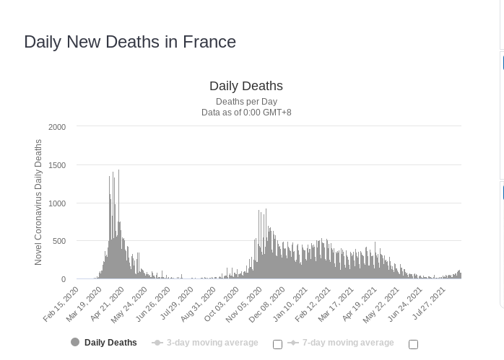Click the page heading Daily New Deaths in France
[x=130, y=42]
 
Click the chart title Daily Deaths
[x=246, y=87]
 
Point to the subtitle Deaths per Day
[x=246, y=102]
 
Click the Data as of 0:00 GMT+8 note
[x=246, y=113]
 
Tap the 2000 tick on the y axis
[x=57, y=127]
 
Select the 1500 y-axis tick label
[x=57, y=165]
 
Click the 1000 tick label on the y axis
[x=57, y=203]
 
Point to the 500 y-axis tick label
[x=59, y=241]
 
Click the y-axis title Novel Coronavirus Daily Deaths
[x=39, y=203]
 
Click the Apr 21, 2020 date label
[x=108, y=304]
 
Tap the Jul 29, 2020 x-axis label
[x=178, y=304]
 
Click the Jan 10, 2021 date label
[x=292, y=304]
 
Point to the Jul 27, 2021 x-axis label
[x=430, y=304]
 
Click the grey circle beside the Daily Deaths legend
[x=75, y=343]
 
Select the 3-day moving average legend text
[x=212, y=343]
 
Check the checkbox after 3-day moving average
[x=277, y=344]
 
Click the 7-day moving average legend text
[x=348, y=343]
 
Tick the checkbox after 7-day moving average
[x=413, y=344]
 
